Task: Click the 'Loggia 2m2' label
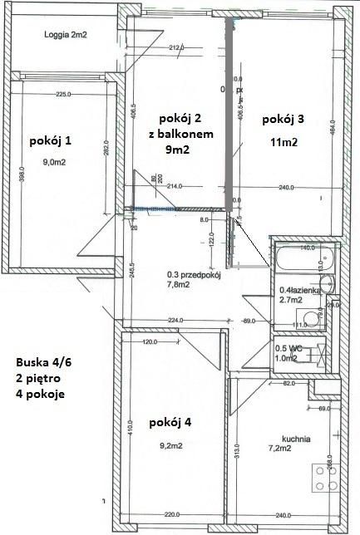66,35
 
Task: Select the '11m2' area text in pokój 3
283,141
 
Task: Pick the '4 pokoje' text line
40,393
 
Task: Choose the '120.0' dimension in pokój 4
150,342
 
